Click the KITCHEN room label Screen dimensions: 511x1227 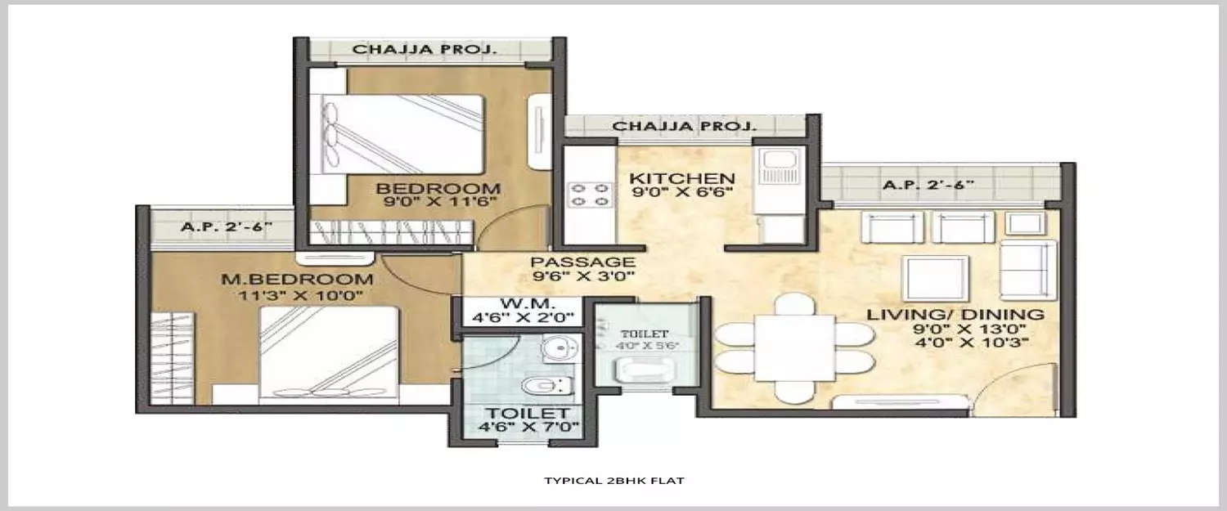pos(681,177)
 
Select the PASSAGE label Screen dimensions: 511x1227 pos(582,262)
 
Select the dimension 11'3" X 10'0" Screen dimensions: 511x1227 pos(304,295)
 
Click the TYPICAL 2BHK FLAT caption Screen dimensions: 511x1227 pos(613,481)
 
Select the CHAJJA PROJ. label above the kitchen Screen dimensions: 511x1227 pos(685,127)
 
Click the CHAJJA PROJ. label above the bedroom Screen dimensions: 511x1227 pos(425,50)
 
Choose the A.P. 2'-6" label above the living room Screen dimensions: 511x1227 pos(928,185)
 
